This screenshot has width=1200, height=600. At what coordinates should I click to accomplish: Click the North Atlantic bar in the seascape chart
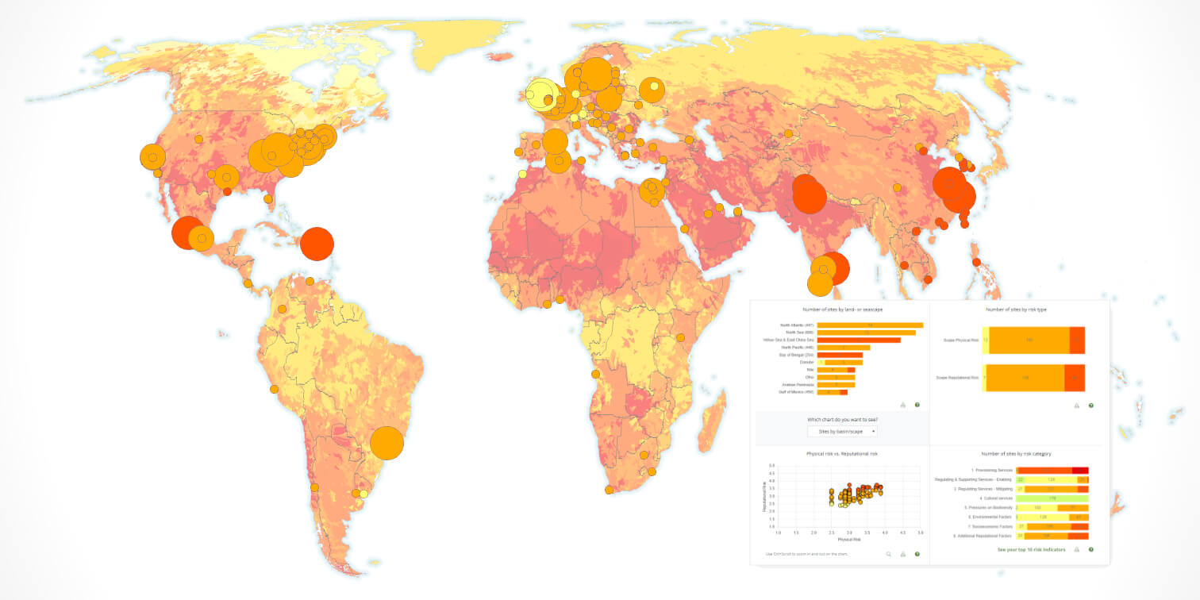869,325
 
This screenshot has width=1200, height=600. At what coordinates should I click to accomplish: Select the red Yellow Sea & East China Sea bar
858,340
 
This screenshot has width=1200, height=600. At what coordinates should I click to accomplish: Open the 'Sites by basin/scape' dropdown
842,431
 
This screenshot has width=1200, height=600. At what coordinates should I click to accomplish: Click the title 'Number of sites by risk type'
1016,309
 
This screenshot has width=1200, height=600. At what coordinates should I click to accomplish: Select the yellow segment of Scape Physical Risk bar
985,340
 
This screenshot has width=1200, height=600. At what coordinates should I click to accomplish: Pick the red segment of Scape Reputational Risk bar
1075,378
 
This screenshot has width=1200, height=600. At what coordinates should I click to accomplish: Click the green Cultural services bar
1052,498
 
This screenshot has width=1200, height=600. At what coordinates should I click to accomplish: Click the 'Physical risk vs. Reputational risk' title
841,453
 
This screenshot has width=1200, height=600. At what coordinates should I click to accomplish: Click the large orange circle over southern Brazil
387,443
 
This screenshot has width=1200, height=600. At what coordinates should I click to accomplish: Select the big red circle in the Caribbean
317,244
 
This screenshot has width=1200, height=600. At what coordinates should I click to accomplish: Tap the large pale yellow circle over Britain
541,95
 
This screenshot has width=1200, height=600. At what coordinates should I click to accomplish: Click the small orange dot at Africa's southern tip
609,490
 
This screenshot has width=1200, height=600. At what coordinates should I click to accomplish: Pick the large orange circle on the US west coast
152,156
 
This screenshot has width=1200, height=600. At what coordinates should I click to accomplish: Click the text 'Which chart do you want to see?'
842,419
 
